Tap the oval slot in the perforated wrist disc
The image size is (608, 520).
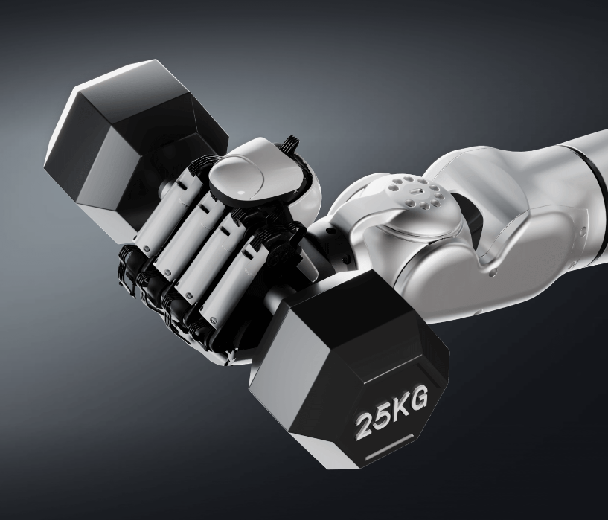tap(415, 190)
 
